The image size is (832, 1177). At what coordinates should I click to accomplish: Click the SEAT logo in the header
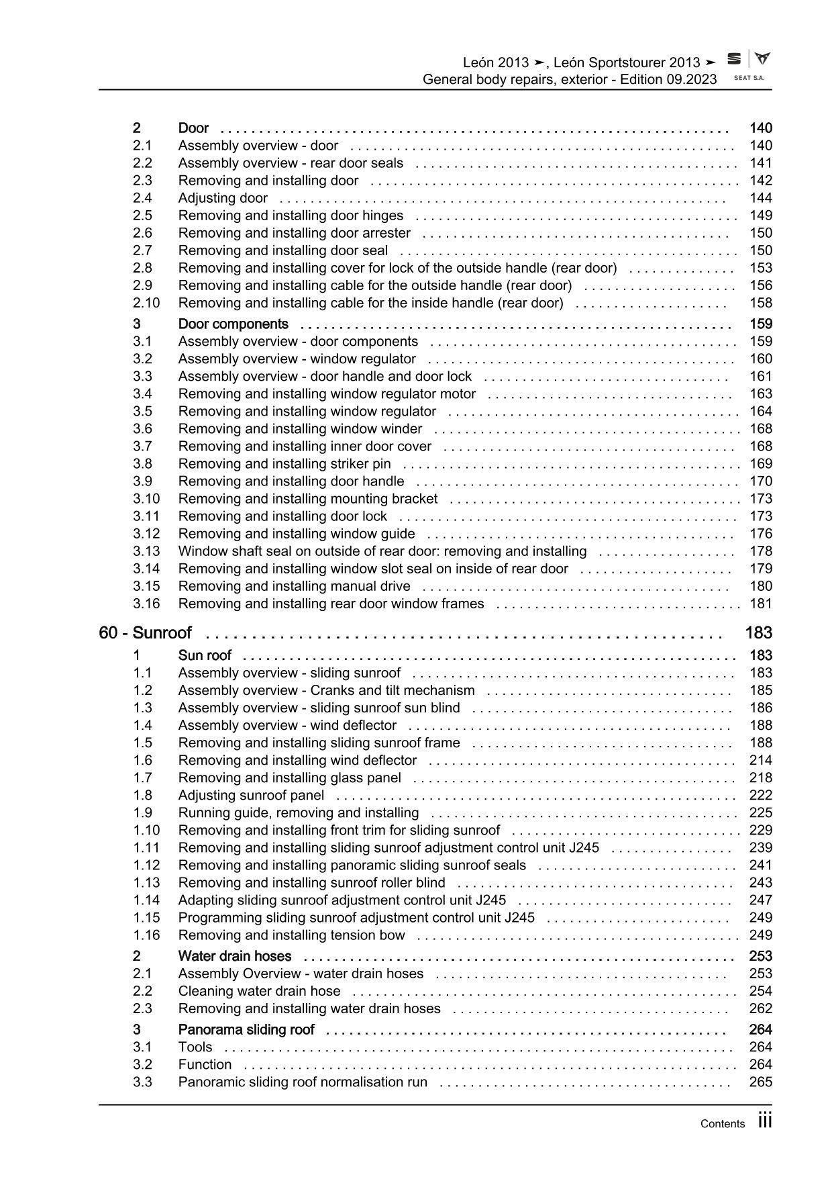coord(735,59)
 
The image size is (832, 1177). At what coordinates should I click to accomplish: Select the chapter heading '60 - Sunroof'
coord(145,632)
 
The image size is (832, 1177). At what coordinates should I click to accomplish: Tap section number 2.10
coord(146,303)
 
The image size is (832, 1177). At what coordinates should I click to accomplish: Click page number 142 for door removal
coord(761,181)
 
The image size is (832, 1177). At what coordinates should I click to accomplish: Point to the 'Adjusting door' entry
coord(223,198)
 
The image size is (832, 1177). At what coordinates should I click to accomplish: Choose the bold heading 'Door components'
coord(233,324)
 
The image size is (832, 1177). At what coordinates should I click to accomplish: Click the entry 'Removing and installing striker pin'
coord(284,464)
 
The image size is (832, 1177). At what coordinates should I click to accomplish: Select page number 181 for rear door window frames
coord(761,604)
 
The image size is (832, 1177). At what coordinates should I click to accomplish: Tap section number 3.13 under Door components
coord(146,551)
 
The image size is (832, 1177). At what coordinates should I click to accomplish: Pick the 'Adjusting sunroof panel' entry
coord(251,796)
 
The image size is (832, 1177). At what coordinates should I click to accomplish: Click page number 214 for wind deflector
coord(761,761)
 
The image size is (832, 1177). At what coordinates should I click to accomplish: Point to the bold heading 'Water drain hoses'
coord(235,956)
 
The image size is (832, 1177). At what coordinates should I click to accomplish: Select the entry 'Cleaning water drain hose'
coord(259,991)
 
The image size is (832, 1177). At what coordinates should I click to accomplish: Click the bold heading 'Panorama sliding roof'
coord(246,1030)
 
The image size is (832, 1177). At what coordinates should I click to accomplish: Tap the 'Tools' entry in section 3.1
coord(195,1047)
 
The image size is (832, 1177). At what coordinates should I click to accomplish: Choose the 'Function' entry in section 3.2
coord(205,1065)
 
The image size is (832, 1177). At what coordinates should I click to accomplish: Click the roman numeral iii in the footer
coord(765,1121)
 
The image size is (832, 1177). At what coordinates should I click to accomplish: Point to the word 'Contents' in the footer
coord(722,1124)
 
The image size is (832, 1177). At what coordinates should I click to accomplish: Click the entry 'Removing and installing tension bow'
coord(291,935)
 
